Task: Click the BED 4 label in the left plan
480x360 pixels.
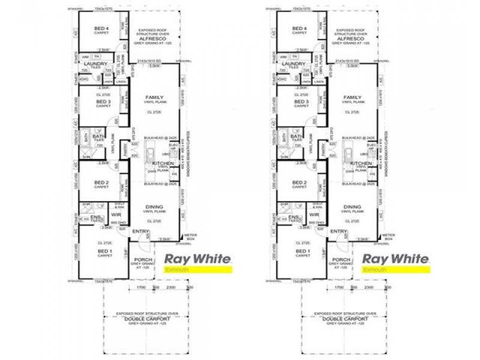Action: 103,28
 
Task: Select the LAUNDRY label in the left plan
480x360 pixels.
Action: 96,63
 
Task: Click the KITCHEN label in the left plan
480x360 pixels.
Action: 163,163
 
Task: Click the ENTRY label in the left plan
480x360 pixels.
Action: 141,232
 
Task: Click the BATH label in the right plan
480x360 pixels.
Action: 296,137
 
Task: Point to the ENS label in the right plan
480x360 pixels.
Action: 293,217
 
